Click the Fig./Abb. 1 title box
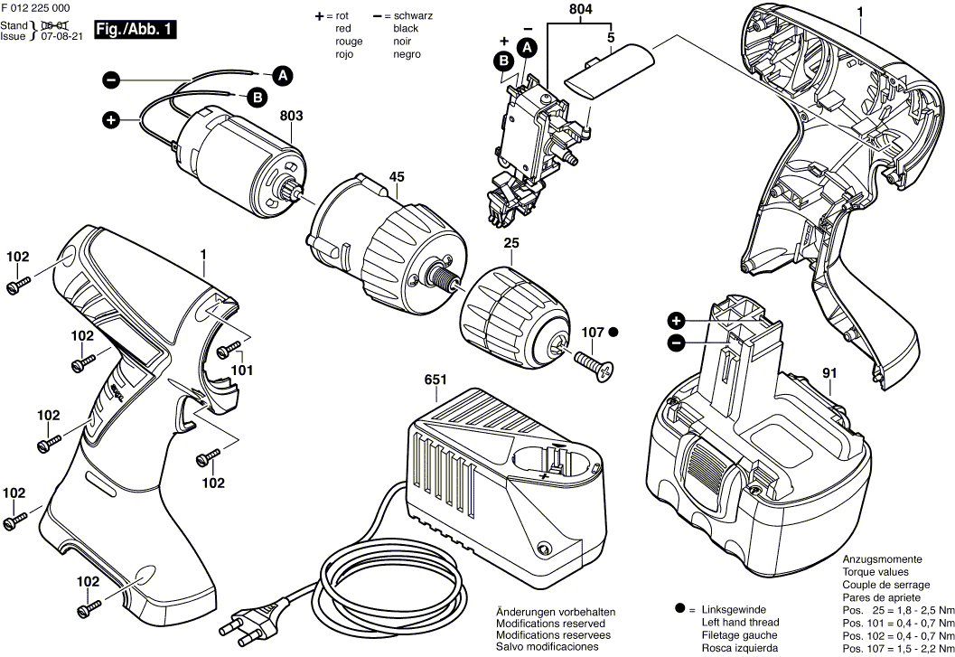click(x=134, y=30)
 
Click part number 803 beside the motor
click(x=291, y=117)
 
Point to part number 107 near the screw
click(x=592, y=333)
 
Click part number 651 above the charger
click(x=435, y=380)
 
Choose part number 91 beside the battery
click(x=828, y=372)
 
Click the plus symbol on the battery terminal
click(x=676, y=321)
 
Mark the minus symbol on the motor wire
click(x=110, y=80)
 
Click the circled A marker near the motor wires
click(x=282, y=76)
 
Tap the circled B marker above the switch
click(x=502, y=61)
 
